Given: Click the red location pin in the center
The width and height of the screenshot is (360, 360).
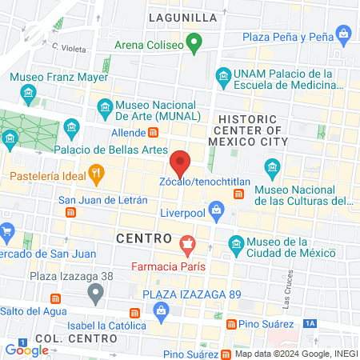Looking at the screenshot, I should tap(181, 163).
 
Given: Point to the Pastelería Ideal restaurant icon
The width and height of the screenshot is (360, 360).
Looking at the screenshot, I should tap(96, 172).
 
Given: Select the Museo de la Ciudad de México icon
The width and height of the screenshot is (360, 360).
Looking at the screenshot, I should tap(235, 242).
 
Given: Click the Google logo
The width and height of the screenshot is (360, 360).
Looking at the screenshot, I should tap(26, 350).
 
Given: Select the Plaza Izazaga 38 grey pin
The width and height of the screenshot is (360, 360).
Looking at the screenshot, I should tap(96, 294).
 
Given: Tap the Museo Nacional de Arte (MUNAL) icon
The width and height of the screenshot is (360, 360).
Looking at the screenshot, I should tap(103, 106).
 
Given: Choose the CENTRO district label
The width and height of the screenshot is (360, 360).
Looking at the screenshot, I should tap(144, 238).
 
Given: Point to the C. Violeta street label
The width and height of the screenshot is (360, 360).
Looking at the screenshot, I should tap(69, 49).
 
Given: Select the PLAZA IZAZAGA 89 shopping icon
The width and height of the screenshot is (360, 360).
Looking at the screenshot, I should tap(134, 310).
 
